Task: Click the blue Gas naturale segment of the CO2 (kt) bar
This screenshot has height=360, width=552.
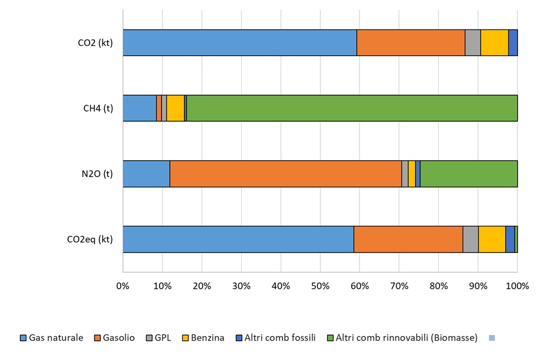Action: point(239,42)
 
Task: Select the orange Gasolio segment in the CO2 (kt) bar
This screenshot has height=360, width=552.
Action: point(410,42)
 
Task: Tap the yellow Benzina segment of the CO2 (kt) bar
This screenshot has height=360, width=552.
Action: point(494,42)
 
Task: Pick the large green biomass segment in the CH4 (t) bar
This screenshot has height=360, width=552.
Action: point(352,108)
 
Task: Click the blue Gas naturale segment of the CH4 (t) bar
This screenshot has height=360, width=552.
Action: point(139,108)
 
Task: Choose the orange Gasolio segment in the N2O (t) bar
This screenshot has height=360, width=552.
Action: point(285,174)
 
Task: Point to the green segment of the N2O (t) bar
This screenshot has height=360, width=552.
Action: point(469,174)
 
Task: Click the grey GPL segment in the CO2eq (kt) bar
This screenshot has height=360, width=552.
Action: point(470,239)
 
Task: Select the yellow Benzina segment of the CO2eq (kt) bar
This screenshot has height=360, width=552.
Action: point(491,239)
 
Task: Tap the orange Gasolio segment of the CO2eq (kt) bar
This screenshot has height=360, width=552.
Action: point(408,239)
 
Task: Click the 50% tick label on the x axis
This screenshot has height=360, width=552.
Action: point(320,286)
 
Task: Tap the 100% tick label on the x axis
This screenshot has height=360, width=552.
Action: point(517,286)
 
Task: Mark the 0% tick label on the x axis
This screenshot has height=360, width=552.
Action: point(123,286)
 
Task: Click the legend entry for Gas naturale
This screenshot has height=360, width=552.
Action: point(52,338)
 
